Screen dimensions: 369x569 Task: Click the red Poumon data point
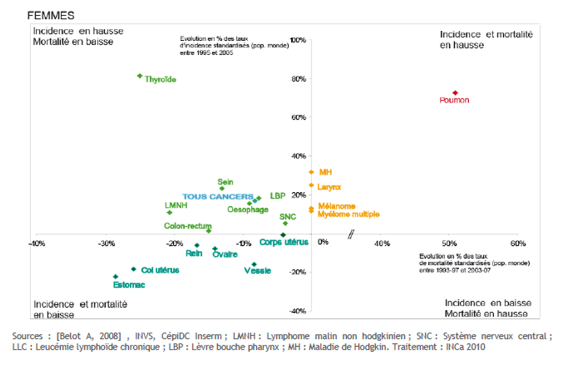click(x=455, y=93)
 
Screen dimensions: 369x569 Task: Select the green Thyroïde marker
click(x=140, y=76)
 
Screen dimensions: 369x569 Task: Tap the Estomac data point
click(x=115, y=276)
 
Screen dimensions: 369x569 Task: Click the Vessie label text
click(x=257, y=271)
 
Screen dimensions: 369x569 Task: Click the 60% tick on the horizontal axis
click(x=517, y=244)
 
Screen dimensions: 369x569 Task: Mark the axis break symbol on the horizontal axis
click(x=351, y=235)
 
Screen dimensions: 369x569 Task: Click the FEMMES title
click(x=51, y=16)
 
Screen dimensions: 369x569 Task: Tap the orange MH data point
click(x=312, y=172)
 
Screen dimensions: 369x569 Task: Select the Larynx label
click(x=329, y=187)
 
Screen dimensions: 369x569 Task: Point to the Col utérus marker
click(x=133, y=269)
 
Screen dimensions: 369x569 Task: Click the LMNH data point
click(x=169, y=212)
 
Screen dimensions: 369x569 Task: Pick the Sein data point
click(x=222, y=188)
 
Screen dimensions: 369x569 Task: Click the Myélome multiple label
click(x=348, y=214)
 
